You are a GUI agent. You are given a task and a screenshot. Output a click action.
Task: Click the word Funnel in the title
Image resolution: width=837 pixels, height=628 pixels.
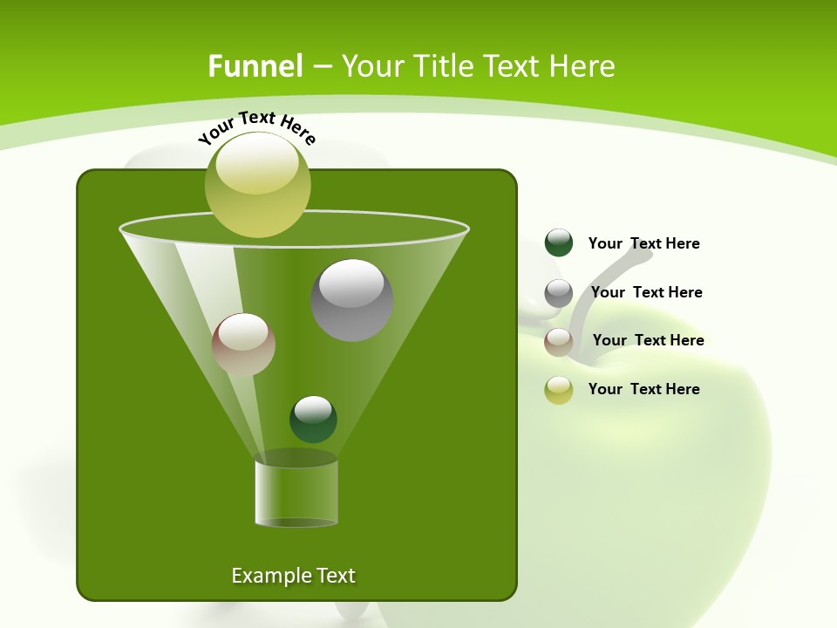pos(255,66)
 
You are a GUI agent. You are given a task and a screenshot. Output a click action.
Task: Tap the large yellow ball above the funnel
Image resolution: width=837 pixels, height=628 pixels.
pos(258,185)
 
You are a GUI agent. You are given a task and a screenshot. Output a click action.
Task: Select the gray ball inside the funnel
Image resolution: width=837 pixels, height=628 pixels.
pos(351,300)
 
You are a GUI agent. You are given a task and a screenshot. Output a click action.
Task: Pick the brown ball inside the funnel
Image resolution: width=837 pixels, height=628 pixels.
pos(243,345)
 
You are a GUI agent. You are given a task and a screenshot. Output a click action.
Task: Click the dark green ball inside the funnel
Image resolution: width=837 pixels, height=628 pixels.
pos(313,419)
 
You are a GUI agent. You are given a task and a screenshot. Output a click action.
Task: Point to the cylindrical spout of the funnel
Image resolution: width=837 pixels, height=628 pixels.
pos(296,493)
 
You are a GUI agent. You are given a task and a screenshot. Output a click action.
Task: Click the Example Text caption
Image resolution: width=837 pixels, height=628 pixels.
pos(293,576)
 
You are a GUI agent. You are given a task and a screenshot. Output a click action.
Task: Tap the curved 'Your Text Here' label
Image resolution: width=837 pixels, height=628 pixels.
pos(257,126)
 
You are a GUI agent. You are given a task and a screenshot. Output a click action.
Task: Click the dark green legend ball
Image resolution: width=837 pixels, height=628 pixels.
pos(559,243)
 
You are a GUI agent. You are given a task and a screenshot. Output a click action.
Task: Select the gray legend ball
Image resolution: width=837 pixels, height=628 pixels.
pos(559,293)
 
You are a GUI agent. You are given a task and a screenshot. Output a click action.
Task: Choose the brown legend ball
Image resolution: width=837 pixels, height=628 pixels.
pos(559,342)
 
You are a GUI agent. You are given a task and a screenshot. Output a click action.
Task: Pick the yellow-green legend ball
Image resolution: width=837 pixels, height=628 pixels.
pos(559,390)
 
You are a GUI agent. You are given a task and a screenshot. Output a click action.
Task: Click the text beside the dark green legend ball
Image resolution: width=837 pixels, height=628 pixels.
pos(643,244)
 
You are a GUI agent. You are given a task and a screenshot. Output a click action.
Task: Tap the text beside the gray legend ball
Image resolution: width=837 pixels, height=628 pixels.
pos(646,292)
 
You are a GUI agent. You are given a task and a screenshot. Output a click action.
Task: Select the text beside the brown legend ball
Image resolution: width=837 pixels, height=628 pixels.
pos(648,340)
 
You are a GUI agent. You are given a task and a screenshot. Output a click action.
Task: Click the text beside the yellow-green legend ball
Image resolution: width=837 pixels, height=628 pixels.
pos(643,389)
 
